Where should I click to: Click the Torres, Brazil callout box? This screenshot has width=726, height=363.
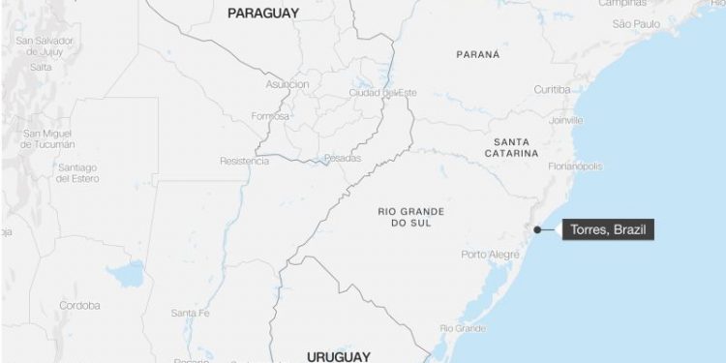point(608,230)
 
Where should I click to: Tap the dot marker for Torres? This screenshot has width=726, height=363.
point(537,229)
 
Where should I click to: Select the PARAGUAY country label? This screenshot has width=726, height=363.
point(262,14)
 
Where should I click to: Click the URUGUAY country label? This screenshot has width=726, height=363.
point(338,356)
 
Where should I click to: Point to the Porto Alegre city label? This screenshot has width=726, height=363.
point(490,255)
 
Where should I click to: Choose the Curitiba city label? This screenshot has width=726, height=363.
point(553,89)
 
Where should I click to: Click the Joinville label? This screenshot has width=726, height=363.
point(566,120)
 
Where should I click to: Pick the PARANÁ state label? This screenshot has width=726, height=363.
point(478,54)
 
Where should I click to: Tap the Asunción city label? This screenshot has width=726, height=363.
point(287,84)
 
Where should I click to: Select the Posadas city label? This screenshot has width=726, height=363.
point(342,158)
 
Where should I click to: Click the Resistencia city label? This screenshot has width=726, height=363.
point(244,161)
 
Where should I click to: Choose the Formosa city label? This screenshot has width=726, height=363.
point(270,115)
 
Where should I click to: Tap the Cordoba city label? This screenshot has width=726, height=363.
point(79,305)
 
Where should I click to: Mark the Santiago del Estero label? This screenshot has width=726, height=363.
point(77,172)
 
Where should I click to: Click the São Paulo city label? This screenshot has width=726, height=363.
point(636,22)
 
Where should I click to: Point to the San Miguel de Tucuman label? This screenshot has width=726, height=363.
point(48,138)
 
